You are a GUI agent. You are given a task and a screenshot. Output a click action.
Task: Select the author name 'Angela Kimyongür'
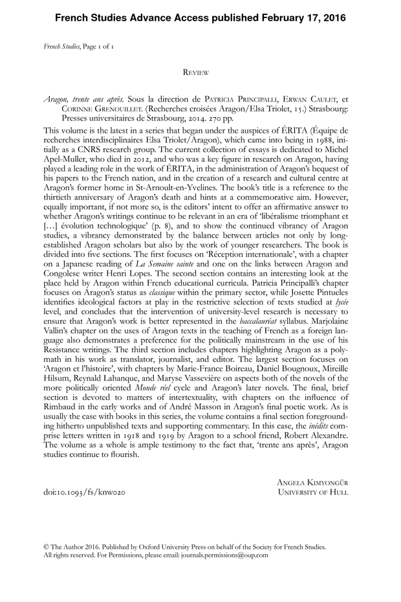313,482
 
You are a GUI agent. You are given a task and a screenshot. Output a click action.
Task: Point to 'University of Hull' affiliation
313,493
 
